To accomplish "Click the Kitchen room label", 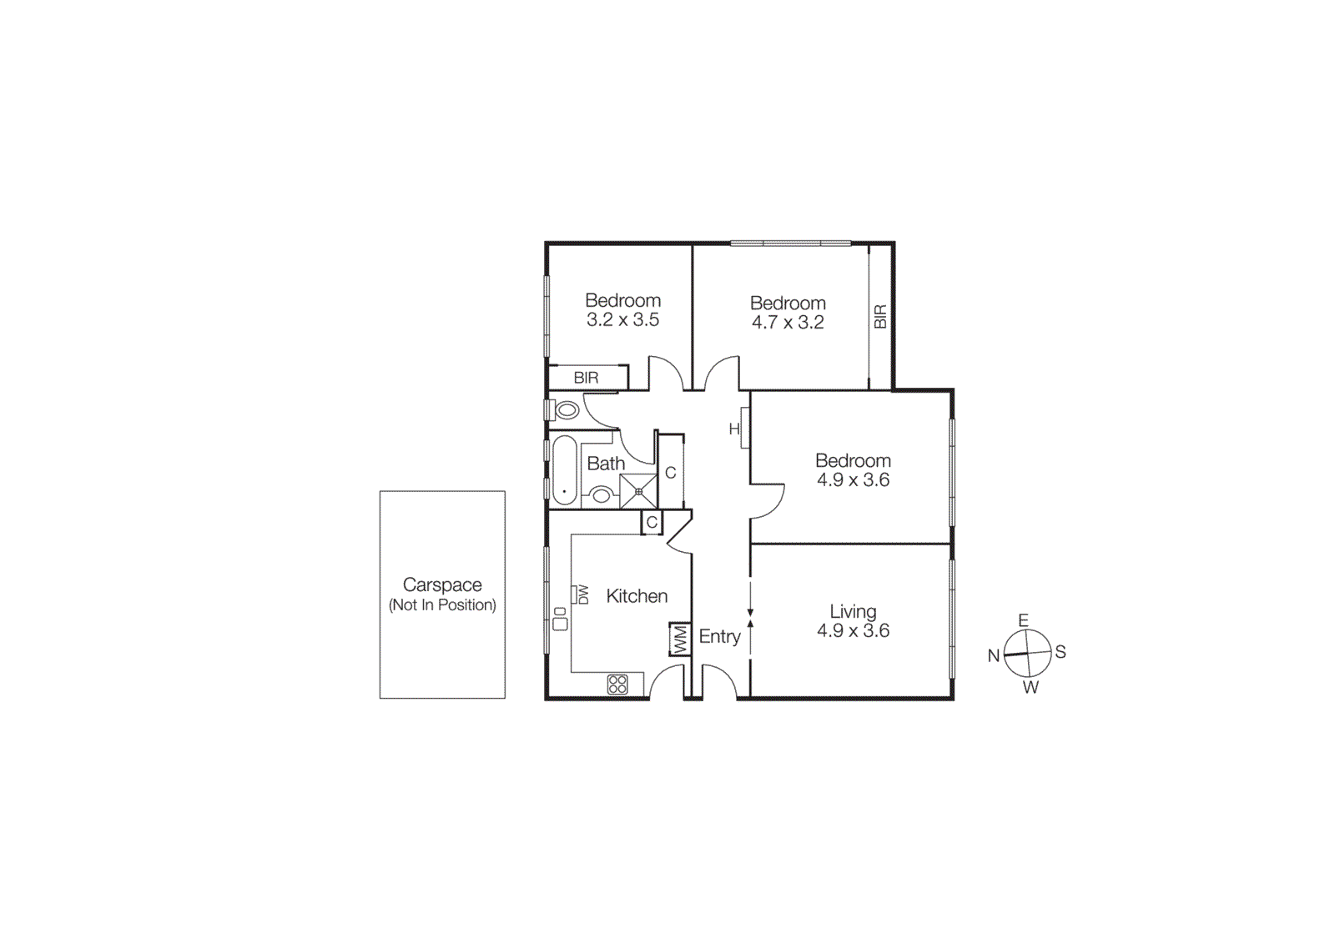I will [x=637, y=596].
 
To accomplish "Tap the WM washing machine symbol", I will [x=680, y=640].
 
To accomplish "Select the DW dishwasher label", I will [x=582, y=594].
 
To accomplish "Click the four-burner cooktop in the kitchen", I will [x=617, y=685].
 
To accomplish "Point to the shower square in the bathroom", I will [x=638, y=491].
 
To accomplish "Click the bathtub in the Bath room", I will [x=564, y=471].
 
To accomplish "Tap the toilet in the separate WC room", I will [x=567, y=409].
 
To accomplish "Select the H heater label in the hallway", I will [x=734, y=429].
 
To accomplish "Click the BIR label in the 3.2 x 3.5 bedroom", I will [x=586, y=378].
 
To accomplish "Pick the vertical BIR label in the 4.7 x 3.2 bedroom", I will [x=880, y=317].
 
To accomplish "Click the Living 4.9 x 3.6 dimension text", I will [x=853, y=631].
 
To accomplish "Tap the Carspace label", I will [x=442, y=584].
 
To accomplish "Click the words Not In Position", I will [x=442, y=605].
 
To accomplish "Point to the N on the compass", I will [x=994, y=655].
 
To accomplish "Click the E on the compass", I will [x=1023, y=619].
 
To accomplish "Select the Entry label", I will [x=719, y=637].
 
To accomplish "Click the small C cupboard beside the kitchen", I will [x=652, y=523].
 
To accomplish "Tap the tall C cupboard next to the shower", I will [x=670, y=473].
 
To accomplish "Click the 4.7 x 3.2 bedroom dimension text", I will [x=788, y=323].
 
